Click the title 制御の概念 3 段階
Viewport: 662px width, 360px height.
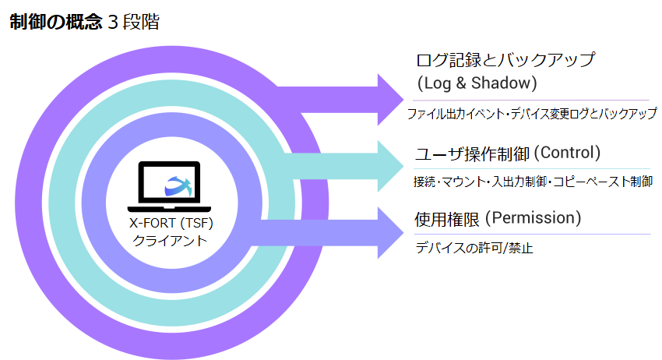pyautogui.click(x=84, y=22)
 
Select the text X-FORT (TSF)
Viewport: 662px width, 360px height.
pyautogui.click(x=170, y=224)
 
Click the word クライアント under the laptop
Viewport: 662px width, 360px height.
pyautogui.click(x=170, y=241)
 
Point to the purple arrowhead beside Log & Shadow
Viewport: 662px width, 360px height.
pyautogui.click(x=389, y=99)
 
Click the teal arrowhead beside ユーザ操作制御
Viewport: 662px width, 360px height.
pyautogui.click(x=389, y=166)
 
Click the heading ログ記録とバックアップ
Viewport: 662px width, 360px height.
pyautogui.click(x=505, y=59)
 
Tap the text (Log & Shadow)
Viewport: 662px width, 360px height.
pyautogui.click(x=477, y=82)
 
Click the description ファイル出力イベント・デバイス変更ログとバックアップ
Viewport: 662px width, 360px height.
pyautogui.click(x=532, y=115)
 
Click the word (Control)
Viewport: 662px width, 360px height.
pyautogui.click(x=567, y=152)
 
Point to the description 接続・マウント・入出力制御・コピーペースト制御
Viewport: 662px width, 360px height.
pyautogui.click(x=532, y=182)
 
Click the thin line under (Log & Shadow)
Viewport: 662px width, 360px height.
pyautogui.click(x=530, y=100)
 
